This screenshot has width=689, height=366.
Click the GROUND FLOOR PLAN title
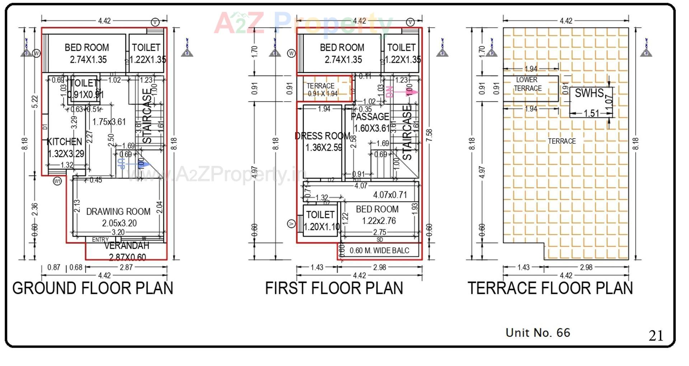click(93, 288)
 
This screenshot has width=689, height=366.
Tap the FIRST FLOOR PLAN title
click(334, 288)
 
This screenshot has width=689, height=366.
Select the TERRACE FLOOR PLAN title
click(550, 288)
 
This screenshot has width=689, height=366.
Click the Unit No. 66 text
click(538, 333)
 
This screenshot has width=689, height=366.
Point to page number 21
click(656, 336)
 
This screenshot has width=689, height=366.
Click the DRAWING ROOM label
click(118, 212)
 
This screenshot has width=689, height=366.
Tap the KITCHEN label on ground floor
click(65, 142)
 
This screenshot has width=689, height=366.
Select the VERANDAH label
click(126, 246)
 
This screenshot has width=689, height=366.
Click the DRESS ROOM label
click(322, 136)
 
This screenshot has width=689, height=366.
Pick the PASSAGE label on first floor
click(370, 117)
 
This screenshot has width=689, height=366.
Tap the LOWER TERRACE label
click(527, 84)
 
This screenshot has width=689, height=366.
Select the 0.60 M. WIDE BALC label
click(379, 250)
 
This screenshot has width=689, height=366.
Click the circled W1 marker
click(57, 181)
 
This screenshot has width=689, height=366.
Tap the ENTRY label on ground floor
click(100, 240)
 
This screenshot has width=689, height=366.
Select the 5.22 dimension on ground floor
click(35, 102)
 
